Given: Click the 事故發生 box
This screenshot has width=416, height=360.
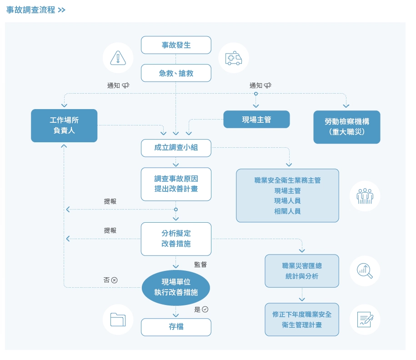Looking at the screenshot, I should [176, 45].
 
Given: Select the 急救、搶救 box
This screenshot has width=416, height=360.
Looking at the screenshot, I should [176, 73].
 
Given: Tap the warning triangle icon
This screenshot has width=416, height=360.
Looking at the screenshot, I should [118, 58].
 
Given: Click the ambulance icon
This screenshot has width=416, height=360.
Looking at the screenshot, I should [233, 58].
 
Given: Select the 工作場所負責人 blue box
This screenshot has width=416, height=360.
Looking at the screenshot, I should [64, 125].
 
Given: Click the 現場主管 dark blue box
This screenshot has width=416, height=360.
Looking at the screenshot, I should [256, 120].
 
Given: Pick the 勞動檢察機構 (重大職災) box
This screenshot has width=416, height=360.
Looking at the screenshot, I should [346, 127].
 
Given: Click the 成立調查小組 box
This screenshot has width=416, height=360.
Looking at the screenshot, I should [176, 148].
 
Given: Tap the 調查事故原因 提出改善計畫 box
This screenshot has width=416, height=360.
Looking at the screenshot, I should [176, 184].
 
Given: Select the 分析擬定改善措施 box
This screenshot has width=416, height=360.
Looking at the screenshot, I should [176, 239].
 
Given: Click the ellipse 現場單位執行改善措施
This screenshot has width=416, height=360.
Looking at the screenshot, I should [176, 288].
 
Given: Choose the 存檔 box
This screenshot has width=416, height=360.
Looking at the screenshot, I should [176, 327].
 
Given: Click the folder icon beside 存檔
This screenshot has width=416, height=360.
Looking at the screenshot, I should [118, 320].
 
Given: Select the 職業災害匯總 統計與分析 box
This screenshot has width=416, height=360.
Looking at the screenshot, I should [302, 271].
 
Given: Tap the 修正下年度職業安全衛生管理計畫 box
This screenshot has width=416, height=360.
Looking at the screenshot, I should [302, 320].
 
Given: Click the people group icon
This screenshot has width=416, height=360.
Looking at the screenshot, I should [365, 197].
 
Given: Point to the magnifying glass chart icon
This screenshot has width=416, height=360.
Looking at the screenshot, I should [365, 271].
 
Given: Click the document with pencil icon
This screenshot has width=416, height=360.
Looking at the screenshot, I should [365, 320].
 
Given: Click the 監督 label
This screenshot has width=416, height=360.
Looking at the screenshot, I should [200, 264].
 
